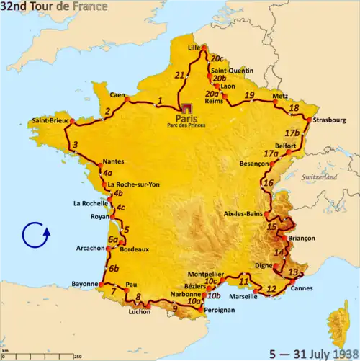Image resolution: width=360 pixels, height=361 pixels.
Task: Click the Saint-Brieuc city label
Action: pos(50,120)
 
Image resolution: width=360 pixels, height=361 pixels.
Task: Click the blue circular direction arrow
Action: pos(35,236)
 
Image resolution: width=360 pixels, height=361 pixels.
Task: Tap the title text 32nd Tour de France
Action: pos(55,7)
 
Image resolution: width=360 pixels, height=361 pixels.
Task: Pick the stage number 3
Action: pos(75,147)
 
